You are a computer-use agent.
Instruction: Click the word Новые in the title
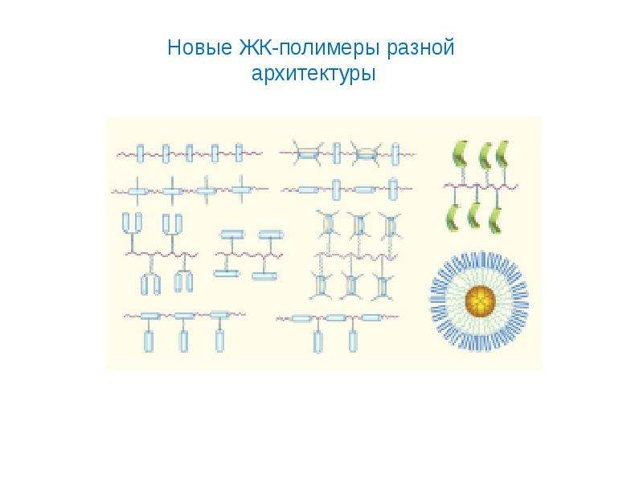[199, 47]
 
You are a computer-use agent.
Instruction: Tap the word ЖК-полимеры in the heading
[309, 48]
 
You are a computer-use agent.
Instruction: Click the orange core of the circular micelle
[481, 301]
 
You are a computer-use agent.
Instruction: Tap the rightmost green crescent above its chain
[503, 153]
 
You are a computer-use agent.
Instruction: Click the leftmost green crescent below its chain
[453, 217]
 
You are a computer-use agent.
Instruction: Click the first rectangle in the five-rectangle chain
[140, 153]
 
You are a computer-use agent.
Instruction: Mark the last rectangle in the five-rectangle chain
[239, 153]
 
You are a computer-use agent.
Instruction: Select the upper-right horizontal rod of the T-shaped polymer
[271, 235]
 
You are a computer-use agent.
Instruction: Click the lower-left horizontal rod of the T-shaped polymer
[227, 272]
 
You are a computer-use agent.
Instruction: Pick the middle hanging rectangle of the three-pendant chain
[184, 341]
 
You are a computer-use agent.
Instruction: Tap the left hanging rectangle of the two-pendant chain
[318, 342]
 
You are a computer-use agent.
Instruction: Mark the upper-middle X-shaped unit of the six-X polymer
[359, 226]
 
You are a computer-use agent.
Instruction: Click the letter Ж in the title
[247, 48]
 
